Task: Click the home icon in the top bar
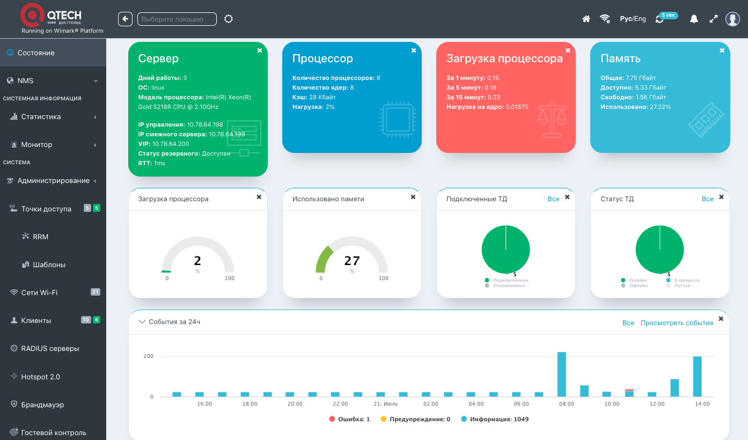point(586,19)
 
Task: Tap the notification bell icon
point(694,19)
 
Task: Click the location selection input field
point(177,19)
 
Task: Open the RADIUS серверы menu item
point(50,348)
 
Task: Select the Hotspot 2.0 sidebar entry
point(40,377)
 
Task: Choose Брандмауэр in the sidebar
point(42,405)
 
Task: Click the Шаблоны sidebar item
point(49,265)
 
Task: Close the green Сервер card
point(260,50)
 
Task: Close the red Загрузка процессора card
point(568,50)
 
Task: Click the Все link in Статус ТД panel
point(708,199)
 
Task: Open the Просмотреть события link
point(677,323)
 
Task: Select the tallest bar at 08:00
point(562,375)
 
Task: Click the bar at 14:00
point(698,377)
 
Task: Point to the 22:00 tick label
point(340,404)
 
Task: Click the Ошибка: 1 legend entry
point(349,419)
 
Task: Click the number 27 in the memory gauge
point(352,261)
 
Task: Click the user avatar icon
point(732,19)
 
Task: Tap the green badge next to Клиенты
point(97,320)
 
